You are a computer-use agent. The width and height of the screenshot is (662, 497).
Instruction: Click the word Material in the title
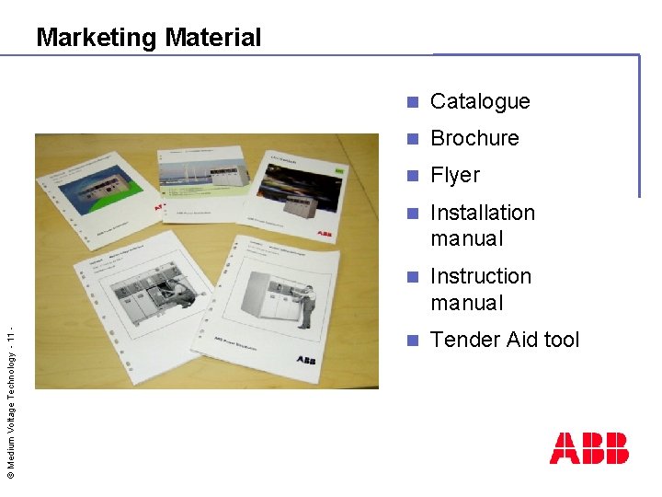pyautogui.click(x=213, y=38)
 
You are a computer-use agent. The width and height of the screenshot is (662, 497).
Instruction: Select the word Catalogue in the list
pyautogui.click(x=480, y=101)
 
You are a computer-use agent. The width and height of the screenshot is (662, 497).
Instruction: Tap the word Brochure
pyautogui.click(x=474, y=138)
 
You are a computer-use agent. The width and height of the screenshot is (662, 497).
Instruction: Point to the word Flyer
pyautogui.click(x=455, y=175)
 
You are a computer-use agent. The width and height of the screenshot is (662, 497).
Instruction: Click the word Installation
pyautogui.click(x=483, y=213)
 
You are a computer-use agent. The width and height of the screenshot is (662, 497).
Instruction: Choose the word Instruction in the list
pyautogui.click(x=481, y=276)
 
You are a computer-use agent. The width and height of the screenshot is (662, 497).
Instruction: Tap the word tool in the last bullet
pyautogui.click(x=562, y=340)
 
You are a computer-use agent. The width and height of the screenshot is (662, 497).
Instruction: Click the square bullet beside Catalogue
pyautogui.click(x=414, y=101)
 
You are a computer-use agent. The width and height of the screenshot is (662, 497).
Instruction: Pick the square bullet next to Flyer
pyautogui.click(x=414, y=175)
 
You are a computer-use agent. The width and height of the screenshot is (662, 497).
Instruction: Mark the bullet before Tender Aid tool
pyautogui.click(x=414, y=340)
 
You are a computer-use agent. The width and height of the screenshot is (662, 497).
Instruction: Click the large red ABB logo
pyautogui.click(x=588, y=448)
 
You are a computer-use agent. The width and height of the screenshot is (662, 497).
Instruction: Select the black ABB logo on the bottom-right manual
pyautogui.click(x=305, y=361)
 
